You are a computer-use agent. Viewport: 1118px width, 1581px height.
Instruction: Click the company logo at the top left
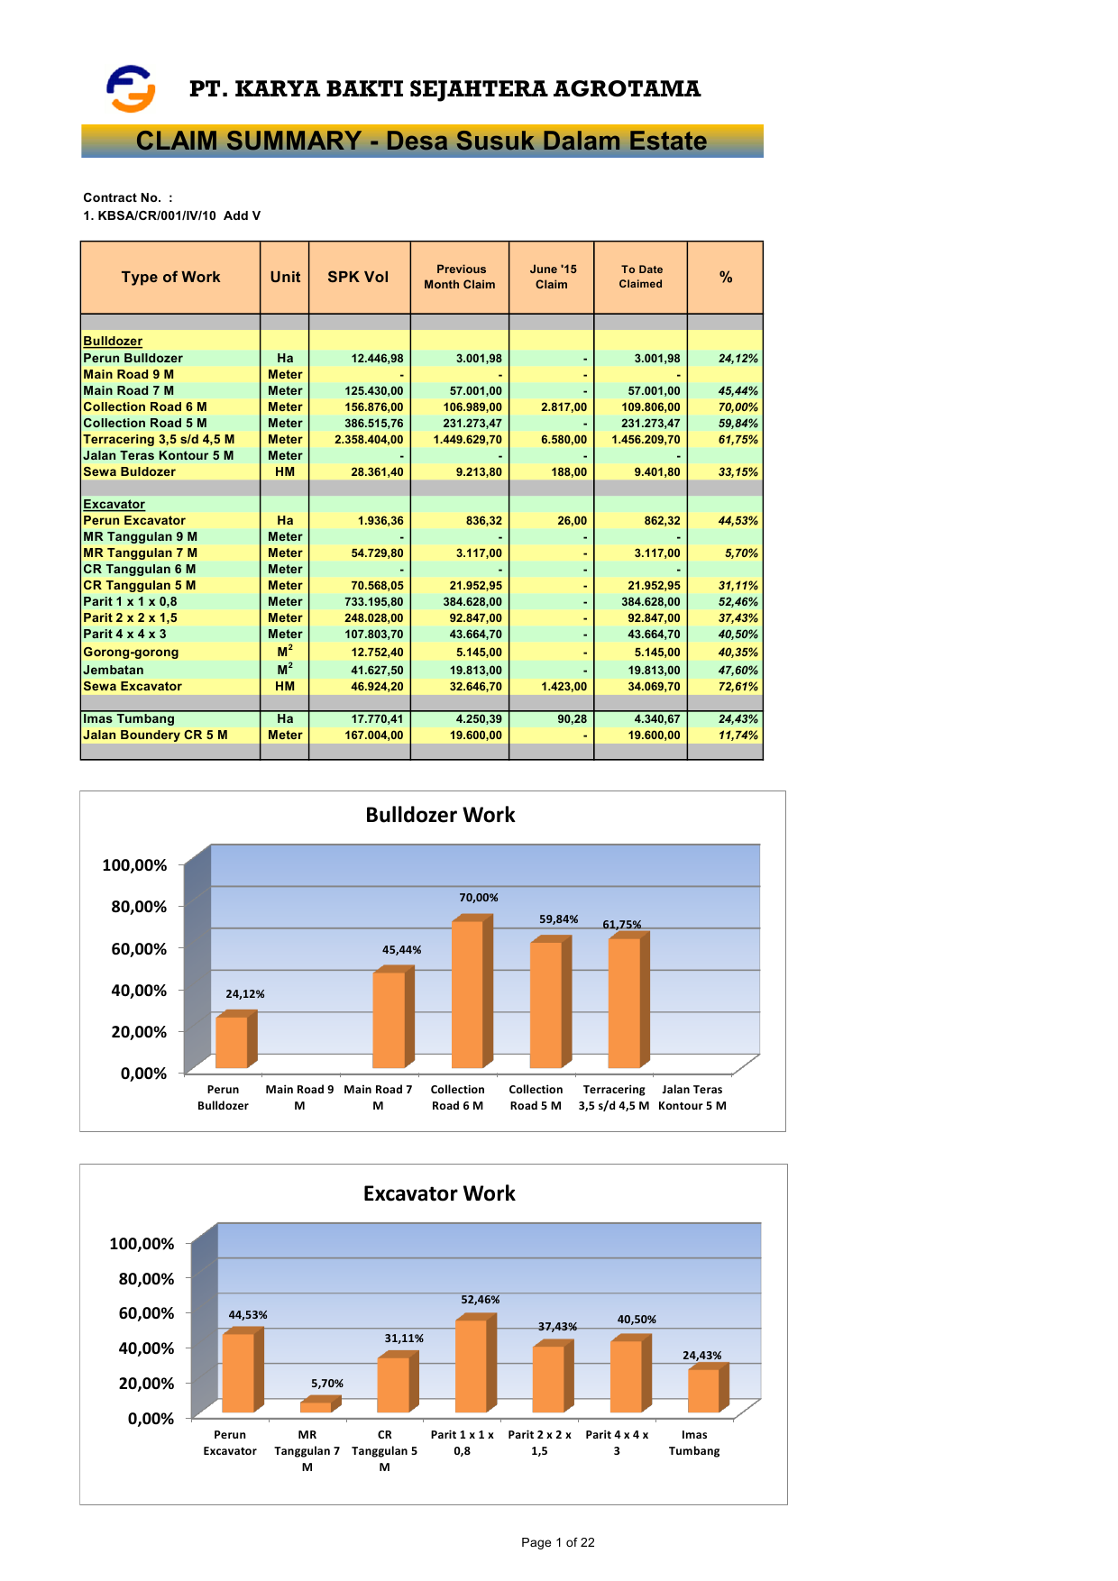131,88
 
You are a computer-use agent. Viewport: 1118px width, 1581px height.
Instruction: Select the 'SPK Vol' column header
358,277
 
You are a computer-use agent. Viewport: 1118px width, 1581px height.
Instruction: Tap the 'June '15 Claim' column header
552,277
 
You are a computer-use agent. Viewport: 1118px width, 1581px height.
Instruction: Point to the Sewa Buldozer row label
130,471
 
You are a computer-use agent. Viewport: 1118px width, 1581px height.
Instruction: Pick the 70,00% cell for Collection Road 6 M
738,407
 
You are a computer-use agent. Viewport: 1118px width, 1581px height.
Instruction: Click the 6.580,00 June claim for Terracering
564,439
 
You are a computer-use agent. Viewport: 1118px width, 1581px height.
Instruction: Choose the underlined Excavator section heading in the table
114,504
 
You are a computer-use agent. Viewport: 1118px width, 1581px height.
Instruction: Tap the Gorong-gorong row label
131,652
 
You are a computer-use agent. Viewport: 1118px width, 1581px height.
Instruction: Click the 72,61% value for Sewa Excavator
738,686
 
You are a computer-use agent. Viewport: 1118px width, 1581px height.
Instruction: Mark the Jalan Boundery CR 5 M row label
155,735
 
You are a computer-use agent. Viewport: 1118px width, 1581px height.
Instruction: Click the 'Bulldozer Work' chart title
440,815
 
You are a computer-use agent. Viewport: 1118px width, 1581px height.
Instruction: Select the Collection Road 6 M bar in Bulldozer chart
468,992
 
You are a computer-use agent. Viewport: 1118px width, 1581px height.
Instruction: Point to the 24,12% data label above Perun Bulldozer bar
245,994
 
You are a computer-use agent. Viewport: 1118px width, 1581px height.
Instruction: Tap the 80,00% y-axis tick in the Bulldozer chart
139,907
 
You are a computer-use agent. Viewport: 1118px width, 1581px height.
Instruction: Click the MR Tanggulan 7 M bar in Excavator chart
316,1406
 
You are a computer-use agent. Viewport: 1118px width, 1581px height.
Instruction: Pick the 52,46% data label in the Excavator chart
481,1300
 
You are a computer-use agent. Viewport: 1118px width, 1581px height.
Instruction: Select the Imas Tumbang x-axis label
694,1442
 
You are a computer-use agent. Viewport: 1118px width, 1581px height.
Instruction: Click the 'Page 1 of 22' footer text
558,1542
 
